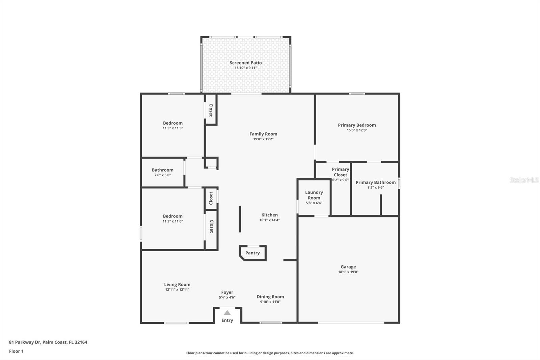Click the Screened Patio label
coord(246,63)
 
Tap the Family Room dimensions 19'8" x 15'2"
coord(263,139)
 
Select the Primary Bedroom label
coord(357,125)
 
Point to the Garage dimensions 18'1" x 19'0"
coord(348,272)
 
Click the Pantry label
coord(252,253)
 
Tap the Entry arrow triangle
coord(227,313)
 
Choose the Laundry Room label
coord(314,195)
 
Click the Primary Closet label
coord(340,172)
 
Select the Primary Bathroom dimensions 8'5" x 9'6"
coord(375,187)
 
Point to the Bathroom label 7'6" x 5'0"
coord(162,170)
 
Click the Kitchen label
coord(269,215)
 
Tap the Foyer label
coord(227,292)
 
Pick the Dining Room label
coord(270,297)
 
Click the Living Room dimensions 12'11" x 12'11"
coord(177,290)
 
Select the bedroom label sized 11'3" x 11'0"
coord(172,216)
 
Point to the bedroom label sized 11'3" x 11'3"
coord(172,123)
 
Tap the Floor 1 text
coord(16,351)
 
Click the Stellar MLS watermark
coord(524,180)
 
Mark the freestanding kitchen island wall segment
coord(240,219)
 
